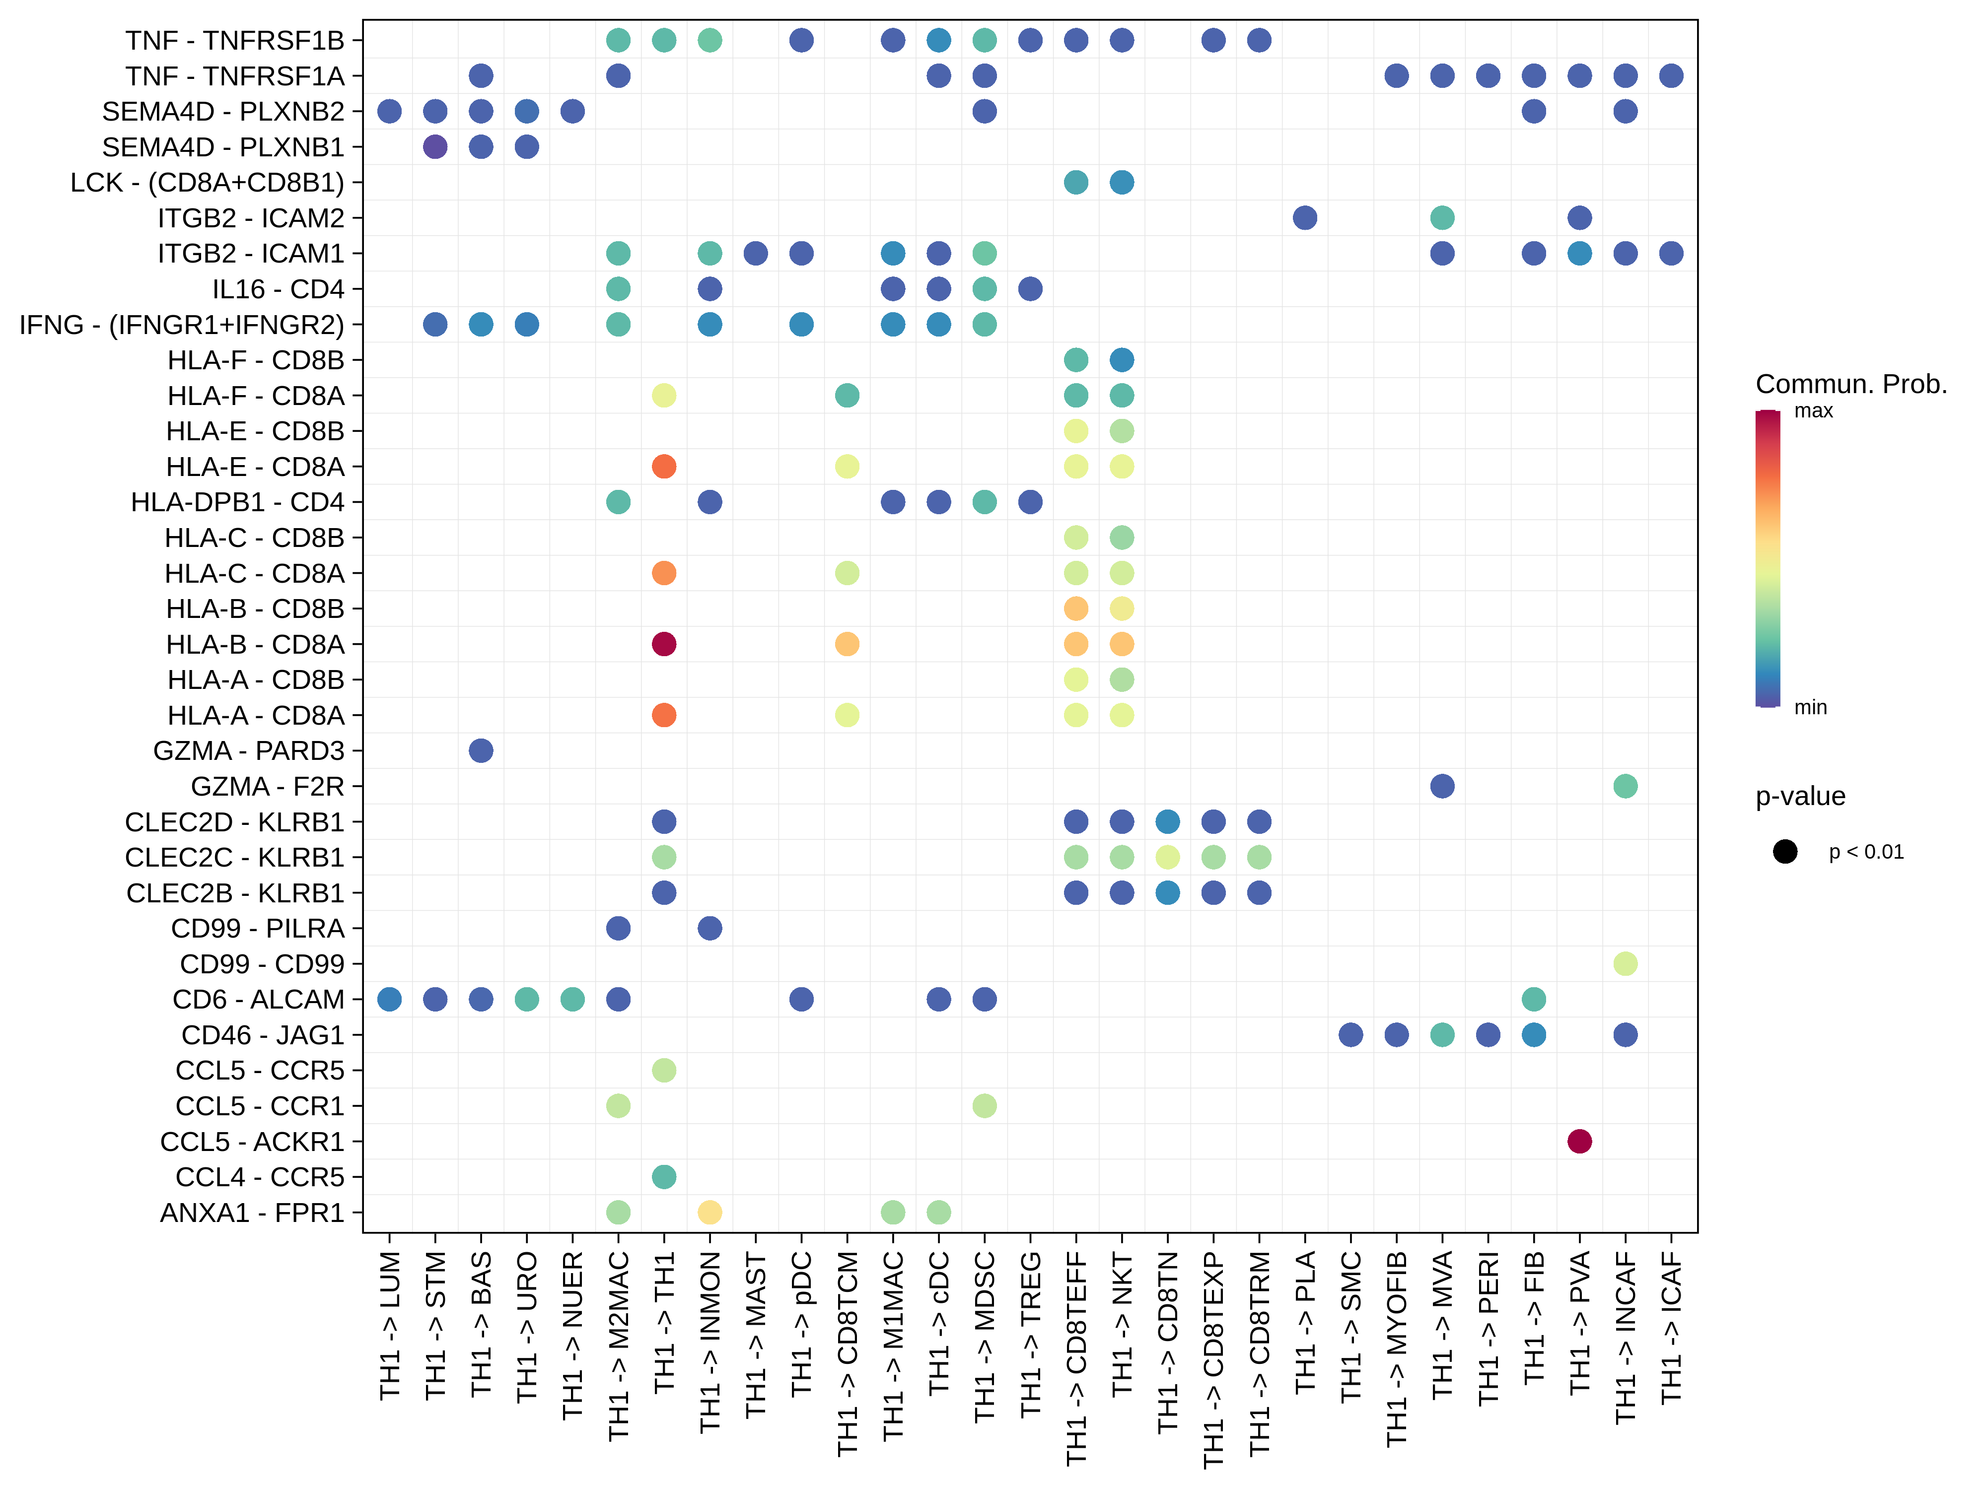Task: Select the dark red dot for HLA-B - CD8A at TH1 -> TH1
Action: point(663,644)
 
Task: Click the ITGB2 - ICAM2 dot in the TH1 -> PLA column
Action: point(1304,217)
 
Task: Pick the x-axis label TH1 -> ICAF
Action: point(1671,1328)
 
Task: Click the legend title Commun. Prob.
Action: point(1850,384)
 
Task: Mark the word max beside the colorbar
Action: point(1813,411)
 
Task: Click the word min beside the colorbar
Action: point(1810,707)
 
